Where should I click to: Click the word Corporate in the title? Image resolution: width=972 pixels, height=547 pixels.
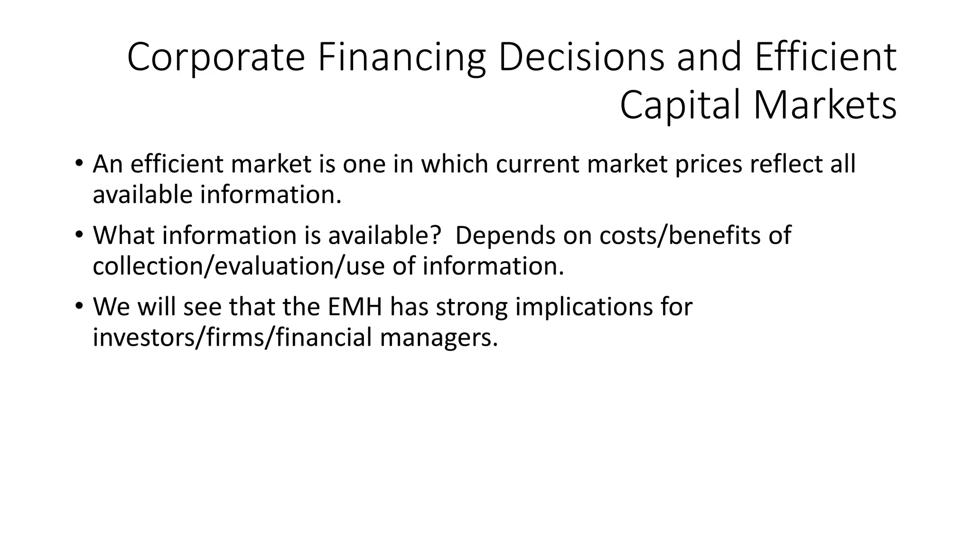coord(215,58)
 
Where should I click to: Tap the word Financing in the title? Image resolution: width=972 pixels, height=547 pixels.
coord(402,58)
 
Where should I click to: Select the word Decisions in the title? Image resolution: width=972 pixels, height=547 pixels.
coord(581,58)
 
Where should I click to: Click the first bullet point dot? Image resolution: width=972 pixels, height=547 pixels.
coord(79,164)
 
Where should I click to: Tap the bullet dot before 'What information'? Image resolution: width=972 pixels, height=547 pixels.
coord(79,235)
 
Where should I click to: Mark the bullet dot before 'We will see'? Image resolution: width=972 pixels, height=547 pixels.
coord(79,306)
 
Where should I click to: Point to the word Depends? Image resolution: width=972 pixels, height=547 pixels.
coord(505,235)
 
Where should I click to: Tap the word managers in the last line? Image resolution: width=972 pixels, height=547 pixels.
coord(439,338)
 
